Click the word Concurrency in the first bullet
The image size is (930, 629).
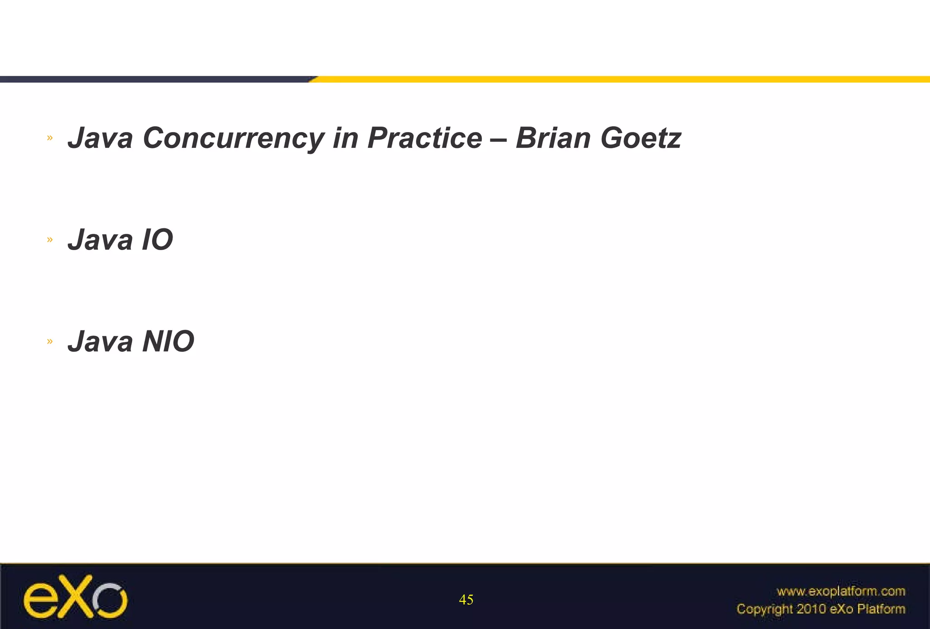(232, 138)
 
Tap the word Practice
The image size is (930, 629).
(424, 138)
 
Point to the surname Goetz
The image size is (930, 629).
(640, 138)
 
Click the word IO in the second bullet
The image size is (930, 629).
(157, 240)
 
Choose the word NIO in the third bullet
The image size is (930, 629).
(168, 341)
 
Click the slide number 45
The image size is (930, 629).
(466, 600)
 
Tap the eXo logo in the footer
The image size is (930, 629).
(75, 596)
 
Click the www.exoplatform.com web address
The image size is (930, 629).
(841, 591)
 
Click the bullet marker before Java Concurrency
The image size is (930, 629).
(50, 138)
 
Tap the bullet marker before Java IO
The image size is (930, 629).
(50, 239)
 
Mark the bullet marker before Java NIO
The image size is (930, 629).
(50, 341)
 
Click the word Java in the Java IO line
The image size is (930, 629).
(100, 240)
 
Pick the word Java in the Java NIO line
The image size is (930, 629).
(100, 341)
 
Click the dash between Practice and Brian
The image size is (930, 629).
(499, 139)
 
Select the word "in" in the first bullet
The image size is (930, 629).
(345, 138)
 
